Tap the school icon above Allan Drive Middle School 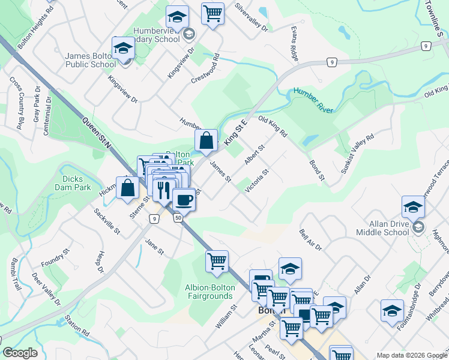coord(413,207)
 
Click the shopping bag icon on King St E coord(206,141)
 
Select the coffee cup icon coord(184,199)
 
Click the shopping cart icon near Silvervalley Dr coord(213,13)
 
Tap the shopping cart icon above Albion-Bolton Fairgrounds coord(217,261)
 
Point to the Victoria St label coord(256,181)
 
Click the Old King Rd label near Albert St coord(273,126)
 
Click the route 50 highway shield coord(178,218)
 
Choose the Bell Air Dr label coord(311,239)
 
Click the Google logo coord(20,353)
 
